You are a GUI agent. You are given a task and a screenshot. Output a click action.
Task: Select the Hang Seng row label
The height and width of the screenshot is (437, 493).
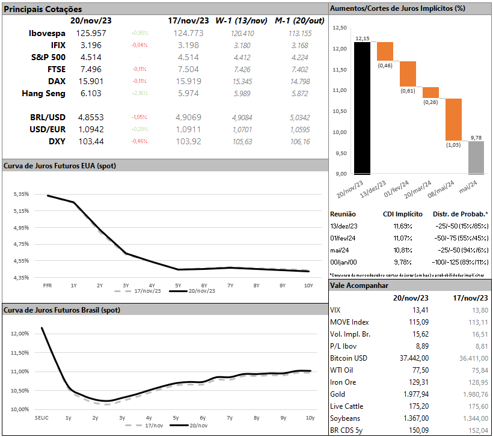pyautogui.click(x=45, y=93)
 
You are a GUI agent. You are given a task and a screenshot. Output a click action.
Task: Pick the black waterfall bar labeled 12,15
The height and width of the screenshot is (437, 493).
pyautogui.click(x=362, y=108)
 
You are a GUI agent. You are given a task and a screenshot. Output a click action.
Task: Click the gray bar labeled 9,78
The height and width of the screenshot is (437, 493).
pyautogui.click(x=476, y=157)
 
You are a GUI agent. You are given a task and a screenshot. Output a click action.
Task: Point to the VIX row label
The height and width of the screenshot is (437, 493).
pyautogui.click(x=336, y=310)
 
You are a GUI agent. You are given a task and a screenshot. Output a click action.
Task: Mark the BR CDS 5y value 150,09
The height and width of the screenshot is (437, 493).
pyautogui.click(x=415, y=430)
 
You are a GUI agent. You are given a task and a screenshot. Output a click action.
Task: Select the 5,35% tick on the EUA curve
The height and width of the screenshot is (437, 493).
pyautogui.click(x=20, y=194)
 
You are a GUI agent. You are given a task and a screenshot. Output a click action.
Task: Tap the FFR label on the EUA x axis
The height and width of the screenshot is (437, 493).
pyautogui.click(x=47, y=285)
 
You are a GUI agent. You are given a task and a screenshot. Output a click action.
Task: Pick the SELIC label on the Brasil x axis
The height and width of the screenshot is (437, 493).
pyautogui.click(x=41, y=417)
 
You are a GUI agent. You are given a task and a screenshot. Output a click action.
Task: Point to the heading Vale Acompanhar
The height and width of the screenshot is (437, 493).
pyautogui.click(x=360, y=286)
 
